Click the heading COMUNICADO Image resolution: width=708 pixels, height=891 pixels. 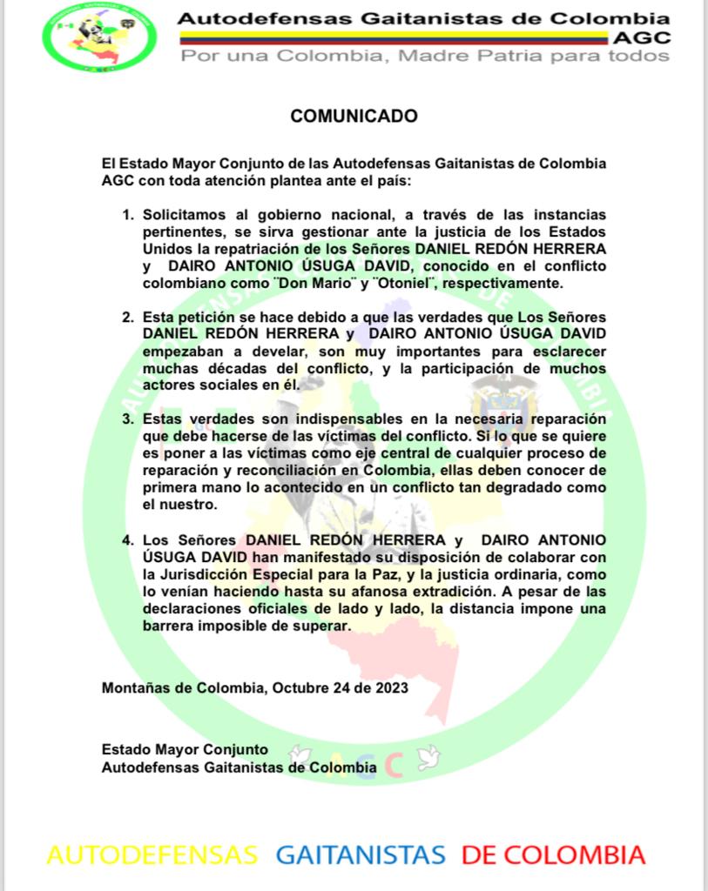pos(354,116)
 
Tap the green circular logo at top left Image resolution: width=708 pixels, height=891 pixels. pos(97,36)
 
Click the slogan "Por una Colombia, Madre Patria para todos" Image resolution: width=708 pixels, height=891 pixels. pos(425,56)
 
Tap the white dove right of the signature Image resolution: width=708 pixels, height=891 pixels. pos(426,759)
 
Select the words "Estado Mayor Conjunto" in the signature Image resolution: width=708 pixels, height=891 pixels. pos(185,749)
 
